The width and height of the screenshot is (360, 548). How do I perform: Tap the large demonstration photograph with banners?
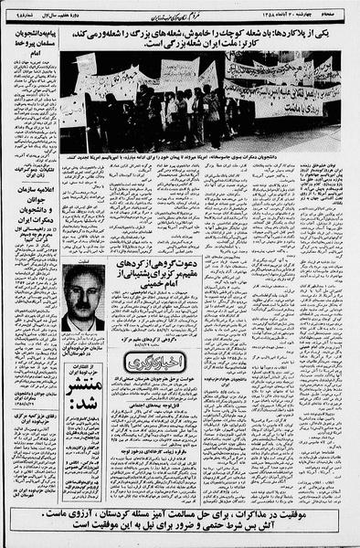(x=201, y=100)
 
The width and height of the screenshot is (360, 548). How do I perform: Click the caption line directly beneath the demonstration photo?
(x=201, y=158)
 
